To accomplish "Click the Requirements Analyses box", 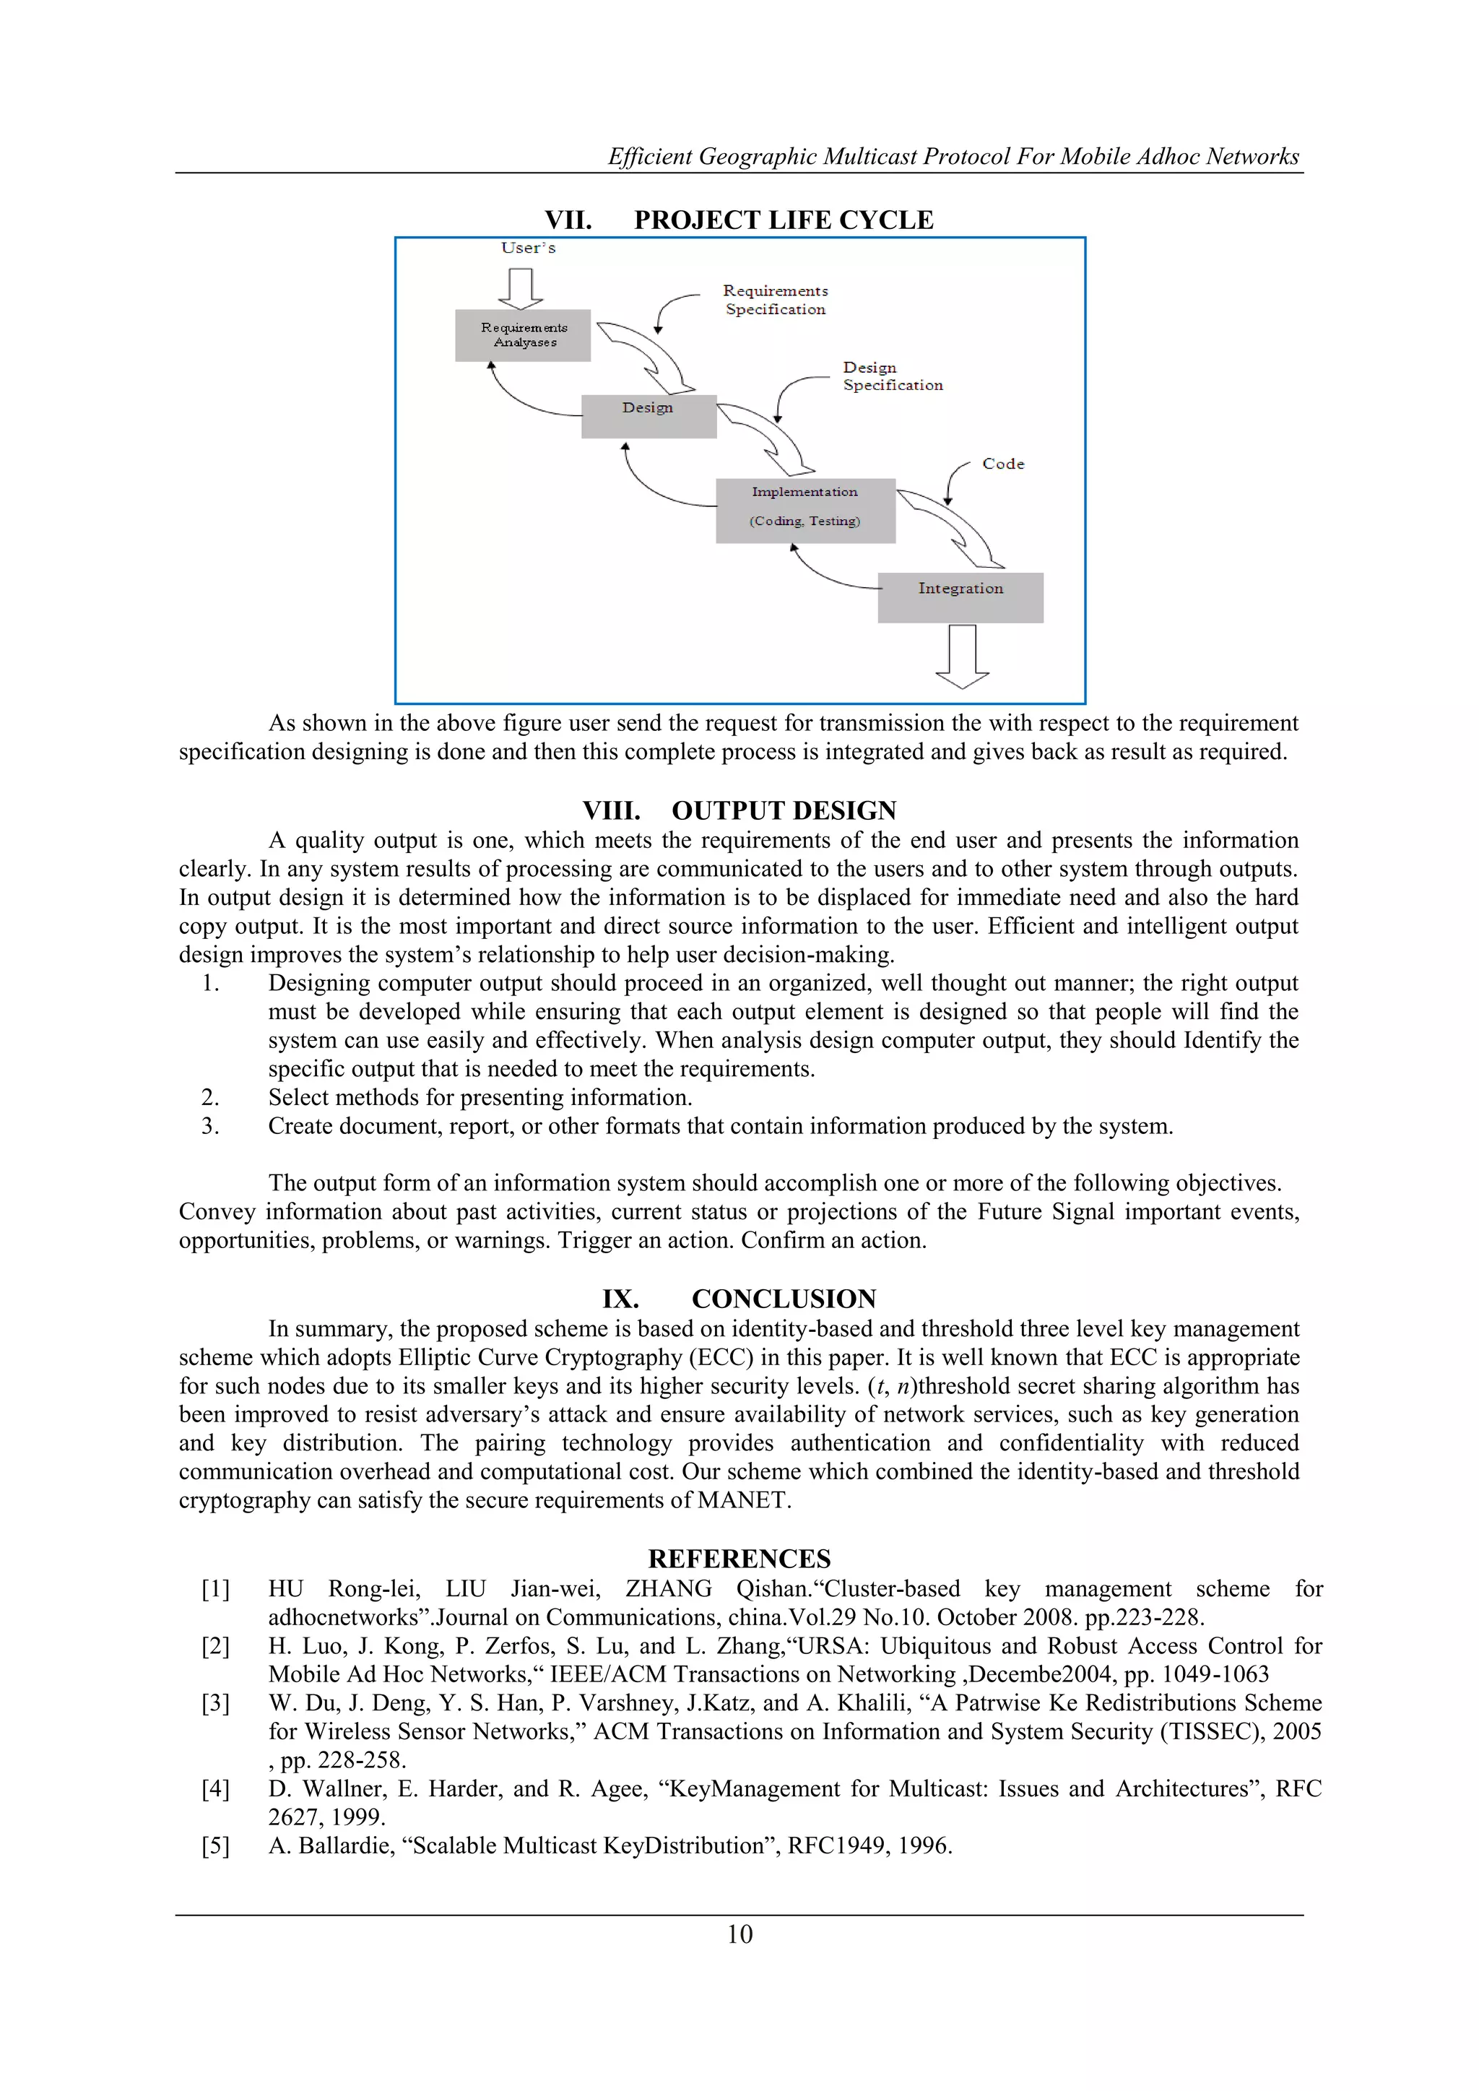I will [x=523, y=335].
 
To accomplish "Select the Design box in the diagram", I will [x=649, y=416].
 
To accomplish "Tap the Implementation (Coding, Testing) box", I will [x=805, y=510].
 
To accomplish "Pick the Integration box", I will [x=960, y=597].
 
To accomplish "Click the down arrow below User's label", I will [x=521, y=287].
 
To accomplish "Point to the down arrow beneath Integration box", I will [x=963, y=656].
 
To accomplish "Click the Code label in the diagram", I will [x=1002, y=464].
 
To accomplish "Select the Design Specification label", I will [x=892, y=376].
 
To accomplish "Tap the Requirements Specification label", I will [x=775, y=300].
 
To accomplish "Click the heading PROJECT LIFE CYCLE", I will [x=784, y=220].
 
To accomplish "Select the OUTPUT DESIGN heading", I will [x=784, y=810].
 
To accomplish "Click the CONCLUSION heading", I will [x=784, y=1299].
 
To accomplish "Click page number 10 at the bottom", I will [x=739, y=1934].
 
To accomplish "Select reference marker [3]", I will [x=216, y=1703].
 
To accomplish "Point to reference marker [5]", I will [x=216, y=1845].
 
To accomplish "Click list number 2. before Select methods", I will [x=210, y=1097].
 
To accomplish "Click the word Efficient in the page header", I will [x=650, y=157].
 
